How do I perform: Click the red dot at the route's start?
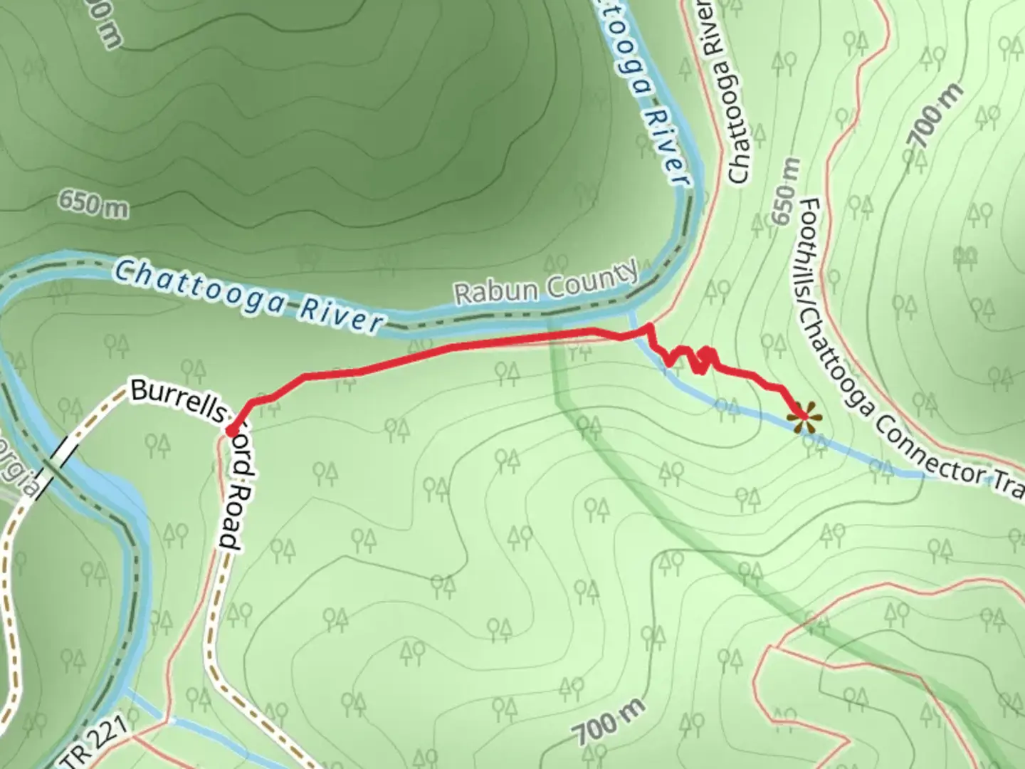pyautogui.click(x=231, y=430)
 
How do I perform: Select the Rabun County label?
pyautogui.click(x=546, y=283)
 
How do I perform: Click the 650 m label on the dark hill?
pyautogui.click(x=93, y=204)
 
